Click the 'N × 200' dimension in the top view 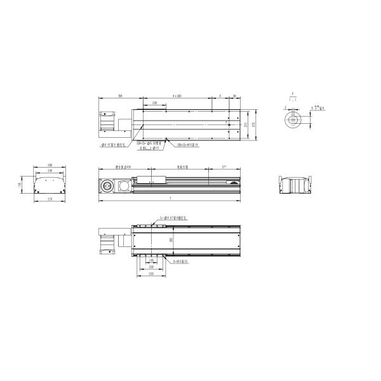point(177,95)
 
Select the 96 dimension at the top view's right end point(234,95)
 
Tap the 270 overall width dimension point(255,124)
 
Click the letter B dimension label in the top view point(220,95)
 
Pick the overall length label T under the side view point(170,199)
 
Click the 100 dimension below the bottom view point(150,260)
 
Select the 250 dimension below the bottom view point(150,274)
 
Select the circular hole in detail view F point(292,119)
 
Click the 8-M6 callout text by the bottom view point(183,260)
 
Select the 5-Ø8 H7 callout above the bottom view point(171,217)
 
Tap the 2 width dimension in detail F point(286,108)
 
